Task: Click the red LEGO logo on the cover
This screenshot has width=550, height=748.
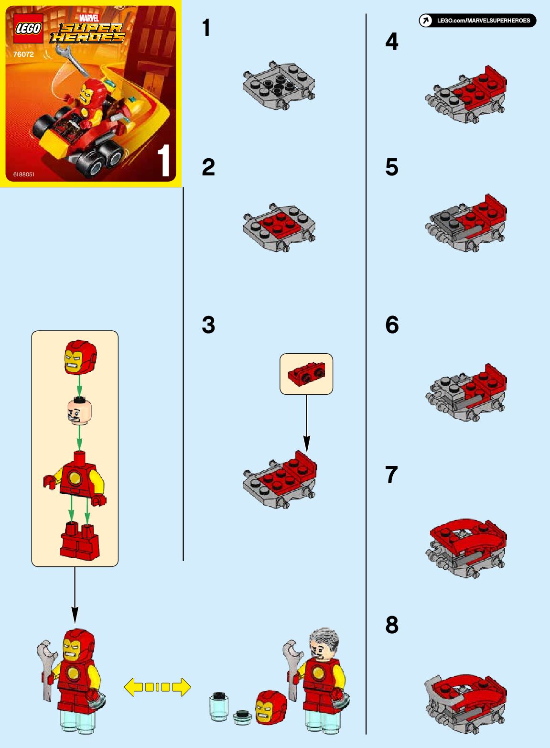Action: pos(28,28)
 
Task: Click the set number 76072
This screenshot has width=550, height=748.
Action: pos(23,54)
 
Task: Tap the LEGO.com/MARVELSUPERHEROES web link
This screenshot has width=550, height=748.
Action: pos(483,21)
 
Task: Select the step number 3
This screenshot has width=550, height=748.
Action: pos(208,325)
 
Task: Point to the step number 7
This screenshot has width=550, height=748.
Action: pos(391,475)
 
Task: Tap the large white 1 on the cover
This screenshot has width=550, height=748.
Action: pos(163,160)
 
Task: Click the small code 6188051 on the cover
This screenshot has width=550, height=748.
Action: pos(24,174)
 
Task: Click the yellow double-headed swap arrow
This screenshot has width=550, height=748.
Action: pos(157,687)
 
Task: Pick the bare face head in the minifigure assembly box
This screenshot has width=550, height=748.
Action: pos(80,412)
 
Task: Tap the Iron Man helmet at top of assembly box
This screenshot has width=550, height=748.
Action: pos(80,358)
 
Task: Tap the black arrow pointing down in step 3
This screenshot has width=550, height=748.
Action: pos(307,424)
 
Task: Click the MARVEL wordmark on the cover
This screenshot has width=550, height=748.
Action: pos(89,18)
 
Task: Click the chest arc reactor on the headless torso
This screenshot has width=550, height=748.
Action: pos(74,478)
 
